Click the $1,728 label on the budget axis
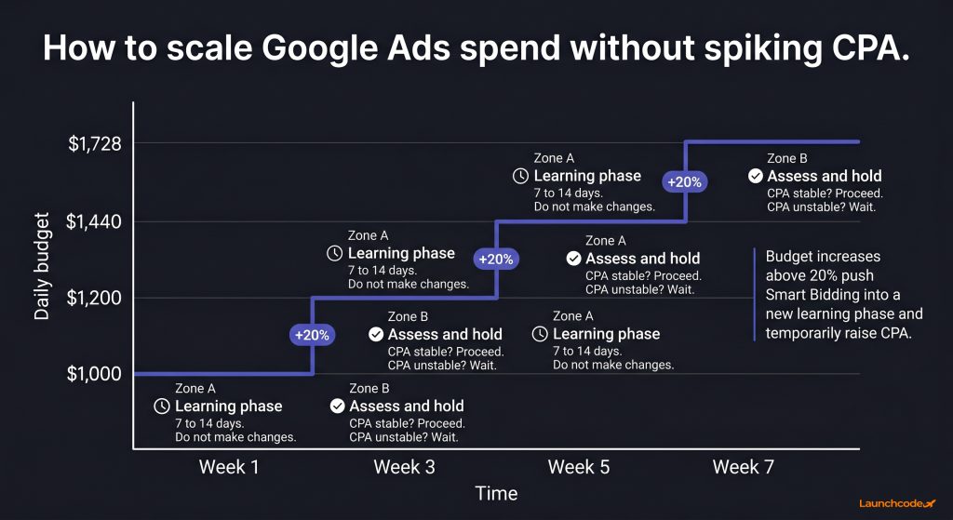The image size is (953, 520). point(94,144)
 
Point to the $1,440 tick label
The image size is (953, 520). point(94,221)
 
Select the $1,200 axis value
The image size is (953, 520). point(94,298)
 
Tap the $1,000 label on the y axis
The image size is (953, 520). point(94,374)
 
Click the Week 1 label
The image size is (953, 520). point(229,467)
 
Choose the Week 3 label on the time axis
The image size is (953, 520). point(404,467)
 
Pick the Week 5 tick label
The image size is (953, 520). point(579,467)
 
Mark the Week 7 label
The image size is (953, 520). point(744,467)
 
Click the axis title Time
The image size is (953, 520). point(497,493)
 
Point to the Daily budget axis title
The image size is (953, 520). point(41,266)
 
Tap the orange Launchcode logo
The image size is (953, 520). point(897,503)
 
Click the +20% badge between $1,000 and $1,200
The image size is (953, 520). point(312,335)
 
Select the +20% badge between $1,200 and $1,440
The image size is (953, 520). point(496,260)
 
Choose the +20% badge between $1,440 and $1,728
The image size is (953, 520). point(684,181)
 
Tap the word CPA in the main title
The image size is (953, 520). point(864,48)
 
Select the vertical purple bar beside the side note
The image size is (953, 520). point(754,294)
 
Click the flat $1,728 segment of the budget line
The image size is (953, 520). point(772,141)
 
